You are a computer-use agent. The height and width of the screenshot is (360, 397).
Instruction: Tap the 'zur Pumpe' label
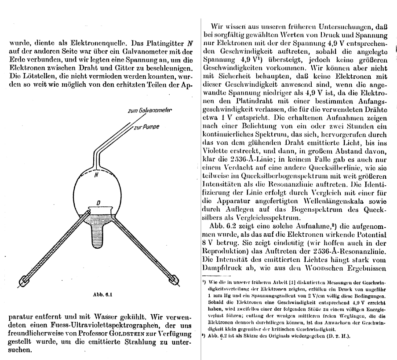click(146, 127)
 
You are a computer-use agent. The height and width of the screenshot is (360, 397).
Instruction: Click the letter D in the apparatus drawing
click(98, 203)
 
